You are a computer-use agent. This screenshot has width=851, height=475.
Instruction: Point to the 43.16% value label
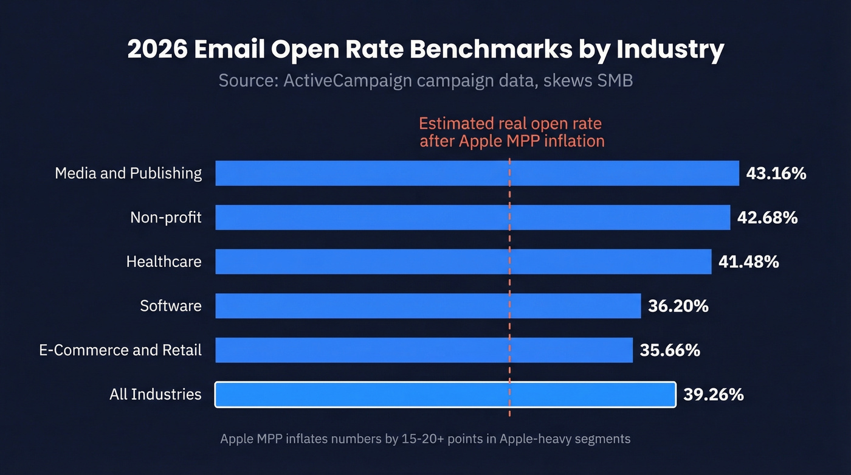(776, 173)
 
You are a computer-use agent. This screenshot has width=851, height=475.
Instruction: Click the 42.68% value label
(767, 217)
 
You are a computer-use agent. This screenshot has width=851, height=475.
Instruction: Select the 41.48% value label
(748, 262)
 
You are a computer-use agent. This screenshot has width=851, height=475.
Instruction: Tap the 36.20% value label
(678, 305)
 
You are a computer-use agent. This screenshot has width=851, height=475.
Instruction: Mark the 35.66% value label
(670, 350)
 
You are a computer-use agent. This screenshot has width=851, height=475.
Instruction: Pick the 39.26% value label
(713, 394)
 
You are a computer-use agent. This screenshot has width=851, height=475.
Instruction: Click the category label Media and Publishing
(128, 173)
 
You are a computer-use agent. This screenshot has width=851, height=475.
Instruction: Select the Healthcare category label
(164, 262)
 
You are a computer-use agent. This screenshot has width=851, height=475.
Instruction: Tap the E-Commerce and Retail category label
(120, 350)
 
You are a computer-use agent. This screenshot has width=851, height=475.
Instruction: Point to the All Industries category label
(155, 394)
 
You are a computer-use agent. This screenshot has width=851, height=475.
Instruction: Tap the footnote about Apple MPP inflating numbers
(425, 439)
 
